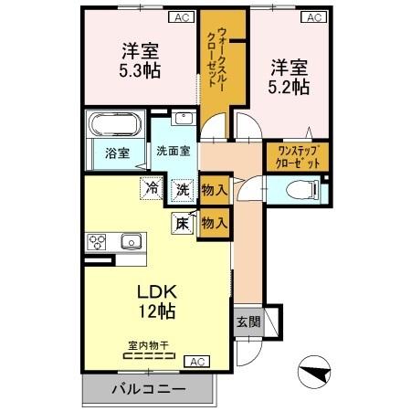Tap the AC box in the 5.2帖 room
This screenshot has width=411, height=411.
(x=314, y=17)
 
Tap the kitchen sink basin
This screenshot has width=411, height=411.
(x=131, y=242)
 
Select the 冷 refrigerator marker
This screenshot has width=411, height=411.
(x=150, y=190)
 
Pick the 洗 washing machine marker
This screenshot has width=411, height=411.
(x=182, y=190)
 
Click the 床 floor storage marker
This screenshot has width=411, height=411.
(x=181, y=221)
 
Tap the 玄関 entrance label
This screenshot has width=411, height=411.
(x=248, y=321)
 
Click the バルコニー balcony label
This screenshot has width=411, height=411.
(x=148, y=389)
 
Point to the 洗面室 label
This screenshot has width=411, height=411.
(x=172, y=151)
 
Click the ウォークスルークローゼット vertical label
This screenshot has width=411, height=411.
(x=216, y=60)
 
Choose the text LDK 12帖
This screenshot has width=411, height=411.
(x=156, y=301)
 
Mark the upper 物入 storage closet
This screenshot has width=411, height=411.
(x=215, y=190)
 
